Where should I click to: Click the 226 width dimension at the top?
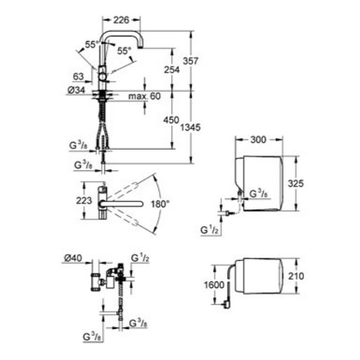[121, 20]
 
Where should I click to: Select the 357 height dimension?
[190, 61]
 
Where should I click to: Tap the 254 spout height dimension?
[172, 69]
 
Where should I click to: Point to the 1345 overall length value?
[190, 127]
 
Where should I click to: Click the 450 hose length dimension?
[171, 120]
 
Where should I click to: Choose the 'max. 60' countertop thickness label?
[145, 96]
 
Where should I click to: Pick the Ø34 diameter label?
[76, 90]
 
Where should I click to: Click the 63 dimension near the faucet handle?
[78, 77]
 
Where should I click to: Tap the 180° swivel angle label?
[160, 204]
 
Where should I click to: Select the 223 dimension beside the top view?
[84, 201]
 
